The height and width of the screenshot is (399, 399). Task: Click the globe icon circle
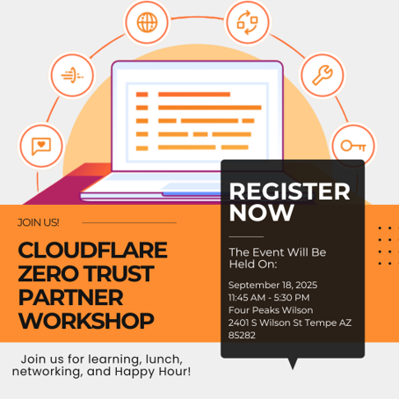click(x=147, y=22)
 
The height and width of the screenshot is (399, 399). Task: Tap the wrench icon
click(x=323, y=75)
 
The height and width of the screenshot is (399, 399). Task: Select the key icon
click(x=353, y=146)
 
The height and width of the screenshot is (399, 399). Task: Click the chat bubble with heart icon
click(x=41, y=146)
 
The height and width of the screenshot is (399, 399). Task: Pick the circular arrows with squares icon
click(x=248, y=23)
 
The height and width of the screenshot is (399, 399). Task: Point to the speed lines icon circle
click(x=72, y=75)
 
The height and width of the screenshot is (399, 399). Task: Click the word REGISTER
click(x=289, y=192)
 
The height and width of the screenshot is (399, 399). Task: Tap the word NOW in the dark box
click(x=262, y=213)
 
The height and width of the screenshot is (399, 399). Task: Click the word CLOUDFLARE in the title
click(x=92, y=250)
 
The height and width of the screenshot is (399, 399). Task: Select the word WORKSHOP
click(x=86, y=321)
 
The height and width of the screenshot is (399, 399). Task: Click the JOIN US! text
click(x=39, y=222)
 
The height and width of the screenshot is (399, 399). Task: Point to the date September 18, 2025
click(x=272, y=285)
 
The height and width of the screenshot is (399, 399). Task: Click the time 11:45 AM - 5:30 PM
click(x=269, y=298)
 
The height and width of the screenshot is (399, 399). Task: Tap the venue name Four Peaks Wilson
click(x=271, y=310)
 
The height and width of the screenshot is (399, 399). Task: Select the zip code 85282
click(x=242, y=335)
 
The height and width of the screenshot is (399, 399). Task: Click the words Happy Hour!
click(x=153, y=372)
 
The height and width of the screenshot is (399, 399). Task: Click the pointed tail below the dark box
click(x=293, y=364)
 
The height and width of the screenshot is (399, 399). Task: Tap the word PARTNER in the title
click(x=70, y=297)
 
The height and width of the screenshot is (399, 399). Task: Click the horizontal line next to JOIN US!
click(x=129, y=222)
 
